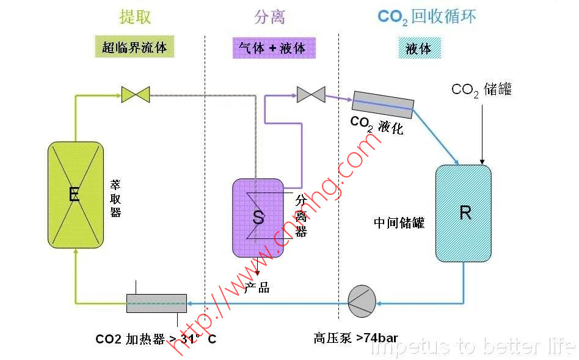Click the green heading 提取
tap(135, 17)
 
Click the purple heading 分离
tap(269, 17)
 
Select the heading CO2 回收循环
tap(426, 17)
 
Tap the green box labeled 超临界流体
tap(134, 47)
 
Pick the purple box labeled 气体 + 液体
tap(274, 48)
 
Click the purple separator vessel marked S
tap(258, 217)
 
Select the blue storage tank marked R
tap(464, 213)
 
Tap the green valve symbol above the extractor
tap(135, 95)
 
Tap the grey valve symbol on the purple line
tap(310, 94)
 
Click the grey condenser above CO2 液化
tap(384, 104)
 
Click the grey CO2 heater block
tap(156, 303)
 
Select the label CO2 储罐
tap(481, 90)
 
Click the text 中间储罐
tap(399, 222)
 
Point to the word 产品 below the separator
tap(257, 288)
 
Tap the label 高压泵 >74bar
tap(355, 338)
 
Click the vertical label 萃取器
tap(115, 197)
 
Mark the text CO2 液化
tap(376, 125)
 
